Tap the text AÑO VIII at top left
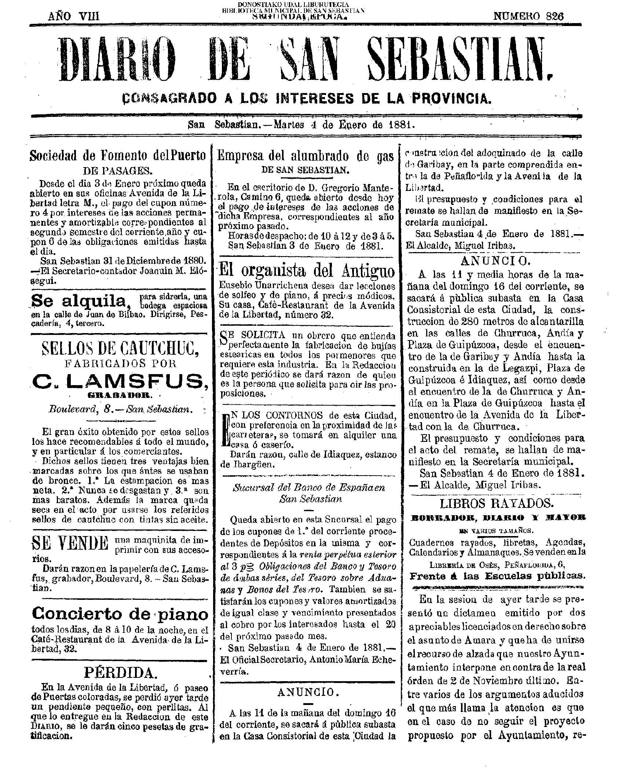click(x=74, y=16)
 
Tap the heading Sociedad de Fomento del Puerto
click(x=117, y=156)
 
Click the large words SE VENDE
click(x=71, y=543)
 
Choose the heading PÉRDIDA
click(x=120, y=672)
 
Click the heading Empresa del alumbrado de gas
click(x=305, y=156)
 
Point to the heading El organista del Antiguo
click(x=307, y=271)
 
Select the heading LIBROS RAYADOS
click(x=496, y=503)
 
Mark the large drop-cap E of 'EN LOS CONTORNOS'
click(x=225, y=430)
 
